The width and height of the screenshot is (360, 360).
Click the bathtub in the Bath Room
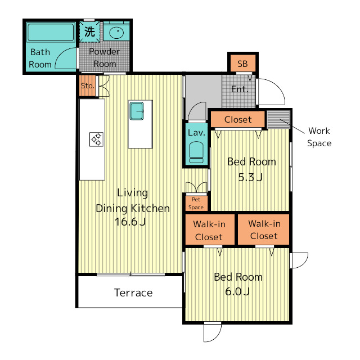(51, 32)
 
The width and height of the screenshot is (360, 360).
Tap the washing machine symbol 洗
(89, 31)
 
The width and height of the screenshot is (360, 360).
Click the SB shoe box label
(242, 64)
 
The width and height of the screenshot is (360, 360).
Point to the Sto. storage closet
(88, 86)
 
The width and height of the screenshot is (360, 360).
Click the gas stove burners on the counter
(96, 139)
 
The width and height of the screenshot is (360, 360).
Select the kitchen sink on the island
(137, 111)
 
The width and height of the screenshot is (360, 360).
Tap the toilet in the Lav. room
(196, 152)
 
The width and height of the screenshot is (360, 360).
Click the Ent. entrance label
(240, 89)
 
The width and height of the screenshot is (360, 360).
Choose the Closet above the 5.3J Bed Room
(237, 119)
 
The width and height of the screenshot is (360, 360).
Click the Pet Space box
(196, 203)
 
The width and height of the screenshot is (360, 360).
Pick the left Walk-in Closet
(210, 229)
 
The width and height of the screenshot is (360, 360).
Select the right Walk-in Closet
(263, 229)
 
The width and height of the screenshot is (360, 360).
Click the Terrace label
(133, 292)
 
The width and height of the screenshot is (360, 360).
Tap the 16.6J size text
(130, 222)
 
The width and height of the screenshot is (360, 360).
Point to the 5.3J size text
(250, 177)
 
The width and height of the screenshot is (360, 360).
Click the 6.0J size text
(237, 291)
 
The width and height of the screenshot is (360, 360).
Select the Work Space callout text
(319, 137)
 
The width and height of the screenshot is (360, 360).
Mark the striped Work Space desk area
(279, 120)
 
